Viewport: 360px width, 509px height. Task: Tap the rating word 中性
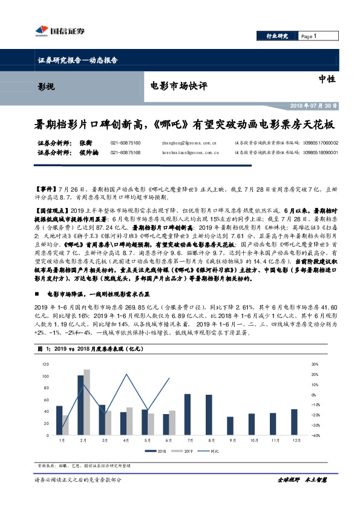coord(327,79)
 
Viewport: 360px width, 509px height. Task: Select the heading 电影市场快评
coord(178,86)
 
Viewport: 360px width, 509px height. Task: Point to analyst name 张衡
coord(85,143)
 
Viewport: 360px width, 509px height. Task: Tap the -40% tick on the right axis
coord(315,435)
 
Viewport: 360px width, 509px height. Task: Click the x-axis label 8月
coord(209,440)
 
